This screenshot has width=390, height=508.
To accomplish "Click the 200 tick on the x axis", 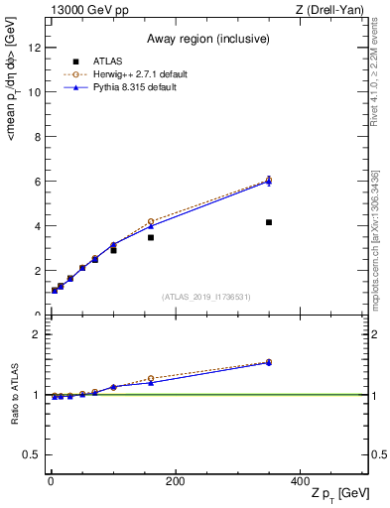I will point(175,481).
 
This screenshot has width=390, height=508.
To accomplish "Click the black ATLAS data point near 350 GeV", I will point(269,222).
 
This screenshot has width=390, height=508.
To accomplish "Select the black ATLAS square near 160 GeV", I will point(151,237).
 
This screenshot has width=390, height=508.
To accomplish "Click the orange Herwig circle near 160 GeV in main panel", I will point(151,221).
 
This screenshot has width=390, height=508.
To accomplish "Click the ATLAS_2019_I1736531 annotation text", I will point(204,297).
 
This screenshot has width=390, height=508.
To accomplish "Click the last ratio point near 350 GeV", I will point(269,362).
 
